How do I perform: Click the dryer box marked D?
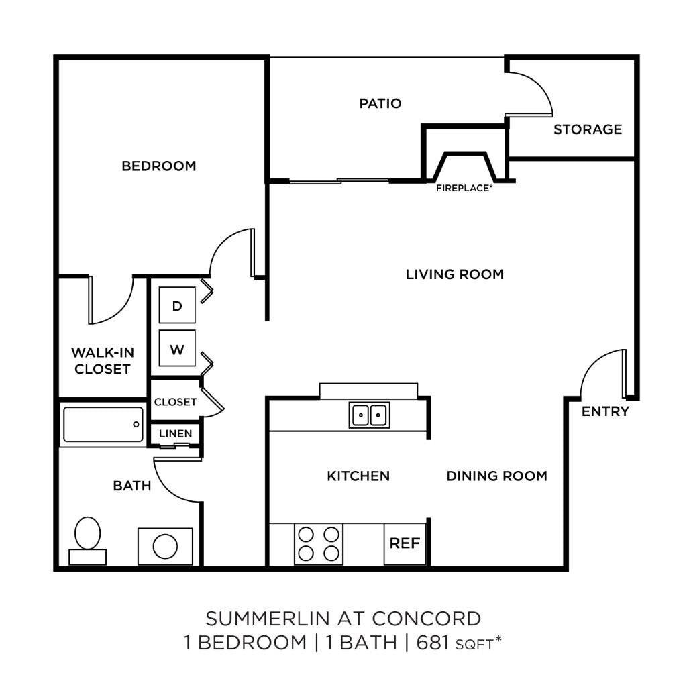[x=177, y=305]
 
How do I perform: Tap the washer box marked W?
[x=177, y=348]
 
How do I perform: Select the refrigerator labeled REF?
[x=405, y=543]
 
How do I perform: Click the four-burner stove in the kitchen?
[x=319, y=543]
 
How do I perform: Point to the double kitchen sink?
[x=369, y=415]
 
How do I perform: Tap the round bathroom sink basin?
[x=165, y=546]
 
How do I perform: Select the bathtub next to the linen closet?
[x=103, y=425]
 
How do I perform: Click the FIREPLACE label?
[x=464, y=188]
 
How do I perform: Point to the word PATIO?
[x=380, y=103]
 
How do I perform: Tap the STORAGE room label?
[x=588, y=129]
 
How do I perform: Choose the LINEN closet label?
[x=175, y=434]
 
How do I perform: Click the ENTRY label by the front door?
[x=605, y=411]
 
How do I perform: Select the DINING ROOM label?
[x=497, y=476]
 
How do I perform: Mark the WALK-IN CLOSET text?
[x=103, y=360]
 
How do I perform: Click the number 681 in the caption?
[x=433, y=643]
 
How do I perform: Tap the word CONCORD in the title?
[x=426, y=619]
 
